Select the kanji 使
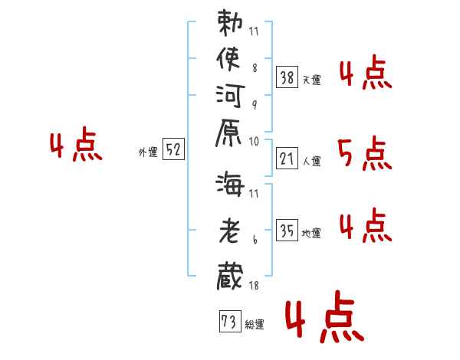(231, 60)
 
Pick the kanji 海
(231, 185)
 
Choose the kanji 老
(231, 229)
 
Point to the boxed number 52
(174, 151)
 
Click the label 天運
(312, 80)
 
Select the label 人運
(312, 162)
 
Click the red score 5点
(365, 155)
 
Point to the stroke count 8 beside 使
(255, 67)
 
